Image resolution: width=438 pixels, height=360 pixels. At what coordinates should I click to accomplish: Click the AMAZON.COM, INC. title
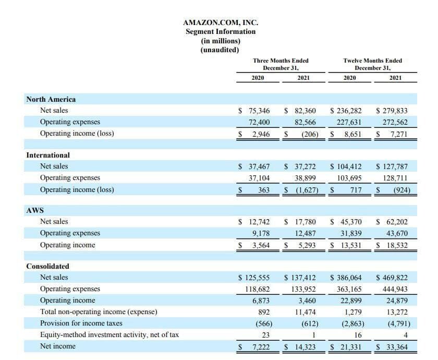[x=221, y=22]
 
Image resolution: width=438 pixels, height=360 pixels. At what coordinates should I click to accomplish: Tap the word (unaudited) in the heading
[x=220, y=50]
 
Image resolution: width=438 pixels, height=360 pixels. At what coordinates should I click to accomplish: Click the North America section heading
[x=51, y=99]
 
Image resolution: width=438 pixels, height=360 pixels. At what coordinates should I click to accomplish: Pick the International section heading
[x=48, y=155]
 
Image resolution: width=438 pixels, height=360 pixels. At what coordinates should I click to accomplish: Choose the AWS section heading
[x=35, y=210]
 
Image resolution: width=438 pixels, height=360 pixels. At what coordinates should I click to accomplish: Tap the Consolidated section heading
[x=47, y=266]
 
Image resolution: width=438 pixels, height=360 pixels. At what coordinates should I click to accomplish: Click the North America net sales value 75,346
[x=259, y=111]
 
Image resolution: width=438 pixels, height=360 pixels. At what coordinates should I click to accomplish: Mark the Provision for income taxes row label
[x=81, y=323]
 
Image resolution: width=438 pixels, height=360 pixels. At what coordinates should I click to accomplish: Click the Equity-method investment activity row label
[x=110, y=334]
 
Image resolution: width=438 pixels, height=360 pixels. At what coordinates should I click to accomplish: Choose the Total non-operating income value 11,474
[x=305, y=311]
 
